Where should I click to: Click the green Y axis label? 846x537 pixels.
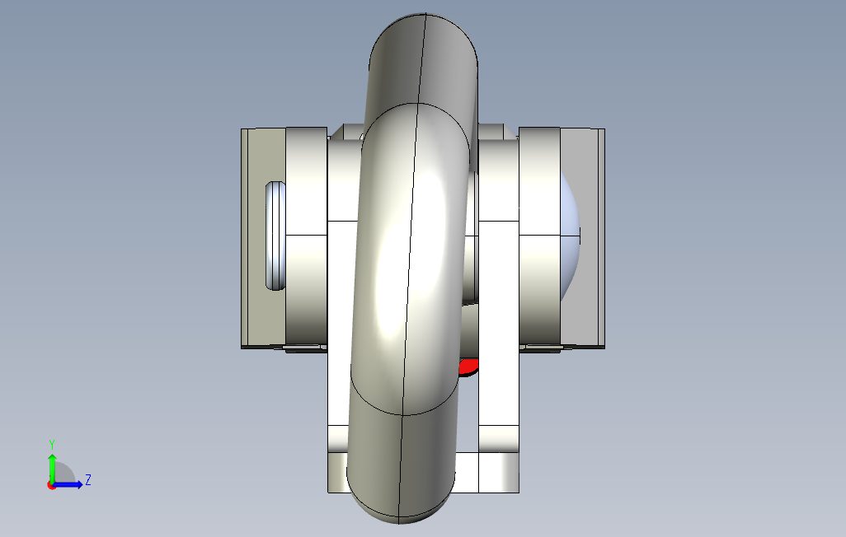tap(52, 443)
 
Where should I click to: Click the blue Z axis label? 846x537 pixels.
tap(88, 479)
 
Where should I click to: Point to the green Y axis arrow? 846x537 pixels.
tap(52, 465)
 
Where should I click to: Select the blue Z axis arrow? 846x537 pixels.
tap(70, 484)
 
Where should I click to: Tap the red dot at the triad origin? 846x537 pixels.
tap(51, 485)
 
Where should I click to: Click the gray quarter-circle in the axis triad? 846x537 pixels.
tap(64, 474)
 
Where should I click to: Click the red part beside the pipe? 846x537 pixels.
tap(469, 367)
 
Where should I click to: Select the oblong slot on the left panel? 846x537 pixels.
tap(275, 236)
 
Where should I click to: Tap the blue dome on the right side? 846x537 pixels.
tap(571, 235)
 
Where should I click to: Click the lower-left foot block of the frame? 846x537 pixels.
tap(338, 472)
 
